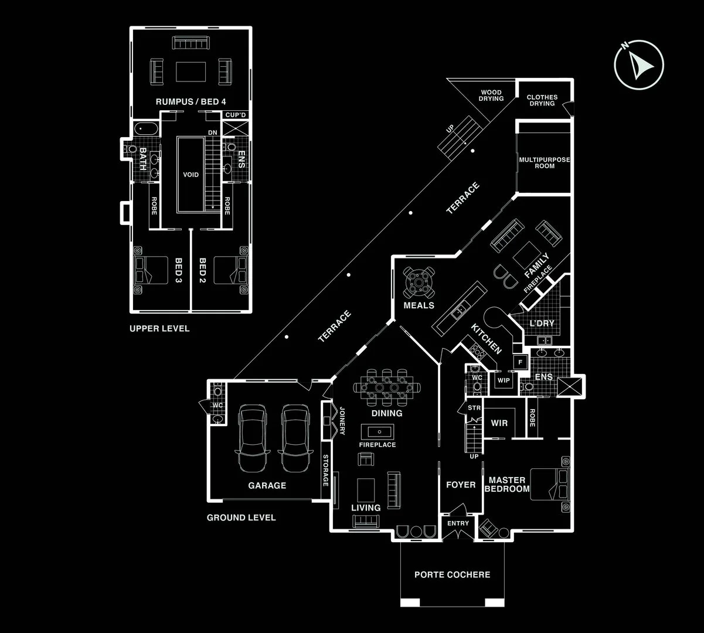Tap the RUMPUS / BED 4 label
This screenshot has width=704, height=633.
point(191,102)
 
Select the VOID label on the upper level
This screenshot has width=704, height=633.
point(191,175)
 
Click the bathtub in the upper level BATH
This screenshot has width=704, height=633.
point(146,129)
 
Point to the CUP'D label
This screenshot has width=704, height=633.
point(236,115)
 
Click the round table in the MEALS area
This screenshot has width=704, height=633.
point(419,283)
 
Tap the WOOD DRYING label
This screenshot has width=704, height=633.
point(491,96)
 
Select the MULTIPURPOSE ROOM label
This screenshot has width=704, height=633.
point(545,162)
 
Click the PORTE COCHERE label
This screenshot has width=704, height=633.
point(453,575)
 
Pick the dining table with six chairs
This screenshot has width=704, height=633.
point(387,387)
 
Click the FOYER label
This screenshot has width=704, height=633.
point(461,485)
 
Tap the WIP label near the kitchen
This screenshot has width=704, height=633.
point(504,380)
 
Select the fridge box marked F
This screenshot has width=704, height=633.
point(520,362)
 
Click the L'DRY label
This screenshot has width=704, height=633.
point(542,323)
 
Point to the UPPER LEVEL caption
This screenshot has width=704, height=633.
point(159,329)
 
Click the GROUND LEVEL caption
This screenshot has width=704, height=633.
point(242,518)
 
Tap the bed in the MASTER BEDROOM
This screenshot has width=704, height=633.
point(550,484)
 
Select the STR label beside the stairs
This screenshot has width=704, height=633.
point(474,408)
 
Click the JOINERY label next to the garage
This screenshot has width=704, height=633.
point(342,421)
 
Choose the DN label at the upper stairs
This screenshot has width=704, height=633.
point(213,132)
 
